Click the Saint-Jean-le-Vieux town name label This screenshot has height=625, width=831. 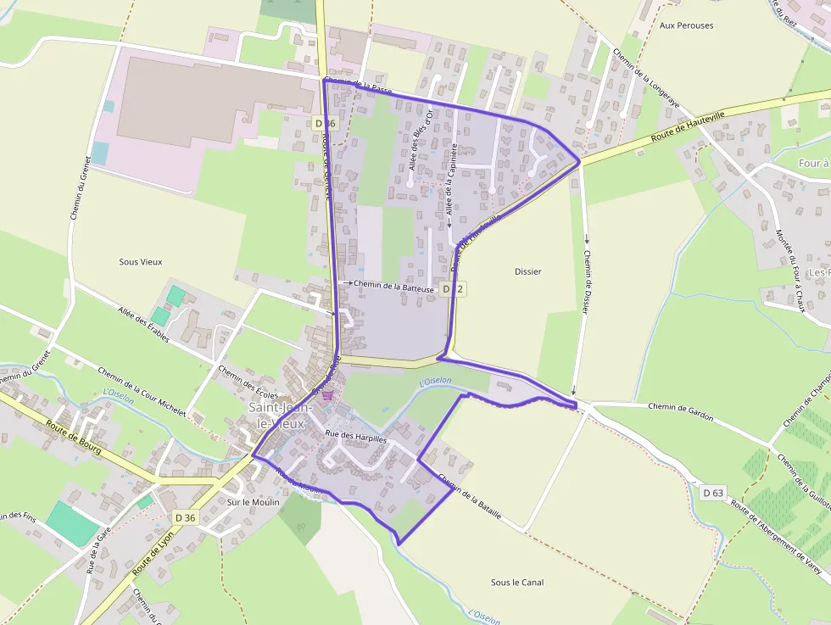(281, 415)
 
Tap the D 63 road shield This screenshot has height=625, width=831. (713, 492)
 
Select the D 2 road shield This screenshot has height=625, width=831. (454, 289)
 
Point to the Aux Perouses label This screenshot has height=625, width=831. (686, 25)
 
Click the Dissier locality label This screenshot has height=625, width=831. (527, 271)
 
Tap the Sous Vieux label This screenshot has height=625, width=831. (140, 262)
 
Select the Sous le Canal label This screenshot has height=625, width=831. (517, 583)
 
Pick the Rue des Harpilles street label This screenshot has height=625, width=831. (355, 438)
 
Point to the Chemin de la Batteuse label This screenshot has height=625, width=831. (393, 287)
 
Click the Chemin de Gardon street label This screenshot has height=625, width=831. (681, 412)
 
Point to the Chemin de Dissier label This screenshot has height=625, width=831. (586, 284)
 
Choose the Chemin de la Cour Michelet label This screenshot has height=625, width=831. (142, 391)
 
